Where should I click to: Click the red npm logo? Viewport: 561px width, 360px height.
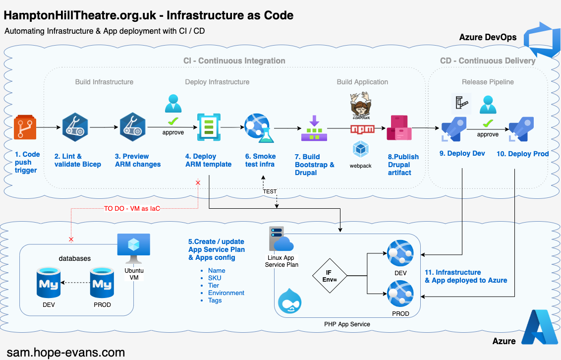point(362,129)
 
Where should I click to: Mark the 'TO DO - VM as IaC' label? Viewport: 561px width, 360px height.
point(132,208)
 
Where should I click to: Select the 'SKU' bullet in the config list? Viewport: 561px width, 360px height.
point(215,278)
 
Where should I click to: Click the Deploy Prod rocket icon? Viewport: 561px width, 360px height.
point(521,129)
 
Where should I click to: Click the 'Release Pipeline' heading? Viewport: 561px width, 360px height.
point(488,82)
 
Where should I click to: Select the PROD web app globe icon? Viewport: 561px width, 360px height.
point(400,293)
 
